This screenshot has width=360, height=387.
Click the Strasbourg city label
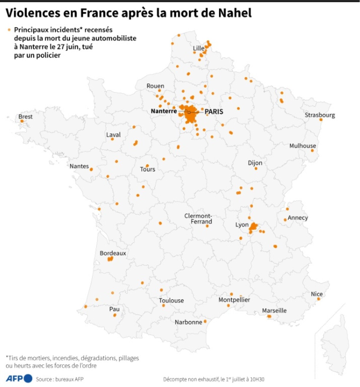pyautogui.click(x=320, y=115)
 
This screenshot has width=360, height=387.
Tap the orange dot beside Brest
pyautogui.click(x=22, y=121)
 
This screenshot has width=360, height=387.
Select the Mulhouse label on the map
pyautogui.click(x=303, y=146)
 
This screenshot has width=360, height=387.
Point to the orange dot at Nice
pyautogui.click(x=319, y=299)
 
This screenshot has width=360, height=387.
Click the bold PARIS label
pyautogui.click(x=214, y=112)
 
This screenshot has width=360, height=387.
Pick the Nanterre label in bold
pyautogui.click(x=164, y=111)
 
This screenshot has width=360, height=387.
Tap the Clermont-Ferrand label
pyautogui.click(x=199, y=219)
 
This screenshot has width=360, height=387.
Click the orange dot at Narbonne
pyautogui.click(x=205, y=321)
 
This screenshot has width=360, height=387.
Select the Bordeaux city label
pyautogui.click(x=113, y=253)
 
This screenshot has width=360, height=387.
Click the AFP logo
pyautogui.click(x=19, y=378)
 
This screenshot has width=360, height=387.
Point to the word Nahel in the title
pyautogui.click(x=235, y=13)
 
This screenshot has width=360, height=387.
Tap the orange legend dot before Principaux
pyautogui.click(x=9, y=30)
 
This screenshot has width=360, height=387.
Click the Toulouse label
pyautogui.click(x=171, y=300)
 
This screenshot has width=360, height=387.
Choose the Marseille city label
pyautogui.click(x=274, y=310)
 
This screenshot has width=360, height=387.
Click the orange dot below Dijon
pyautogui.click(x=256, y=169)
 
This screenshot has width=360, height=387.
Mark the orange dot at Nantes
pyautogui.click(x=91, y=170)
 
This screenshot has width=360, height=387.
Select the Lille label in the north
pyautogui.click(x=199, y=48)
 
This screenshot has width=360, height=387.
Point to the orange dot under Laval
pyautogui.click(x=112, y=139)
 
